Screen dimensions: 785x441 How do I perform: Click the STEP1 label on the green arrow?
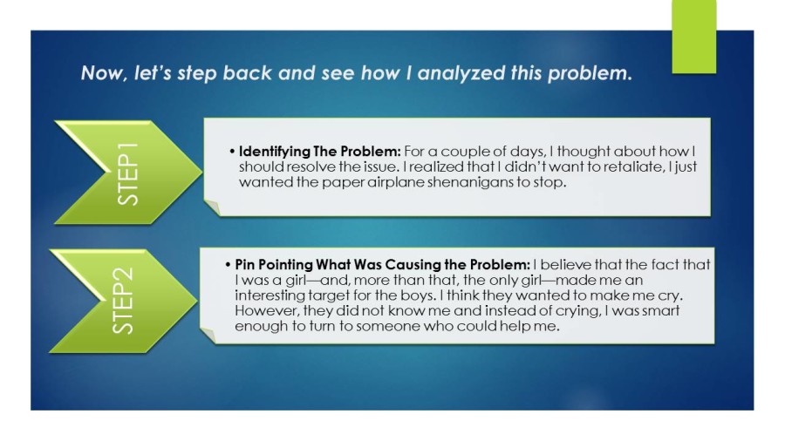click(x=127, y=173)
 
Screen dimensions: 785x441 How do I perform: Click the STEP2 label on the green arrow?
click(x=123, y=301)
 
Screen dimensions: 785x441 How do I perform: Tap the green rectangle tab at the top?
click(x=694, y=37)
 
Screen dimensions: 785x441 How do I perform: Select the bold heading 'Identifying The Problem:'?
click(x=320, y=152)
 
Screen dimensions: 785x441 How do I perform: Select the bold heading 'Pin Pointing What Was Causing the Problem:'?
click(x=383, y=264)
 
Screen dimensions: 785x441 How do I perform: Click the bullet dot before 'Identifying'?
click(x=232, y=152)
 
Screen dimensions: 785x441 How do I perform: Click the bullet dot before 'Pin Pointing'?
click(x=229, y=264)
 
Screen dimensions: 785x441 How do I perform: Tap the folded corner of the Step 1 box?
click(x=212, y=207)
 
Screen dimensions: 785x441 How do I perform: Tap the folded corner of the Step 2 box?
click(x=208, y=335)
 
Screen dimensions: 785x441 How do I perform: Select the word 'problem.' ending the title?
click(x=590, y=74)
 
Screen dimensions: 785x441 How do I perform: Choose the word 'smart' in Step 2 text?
click(x=660, y=310)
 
